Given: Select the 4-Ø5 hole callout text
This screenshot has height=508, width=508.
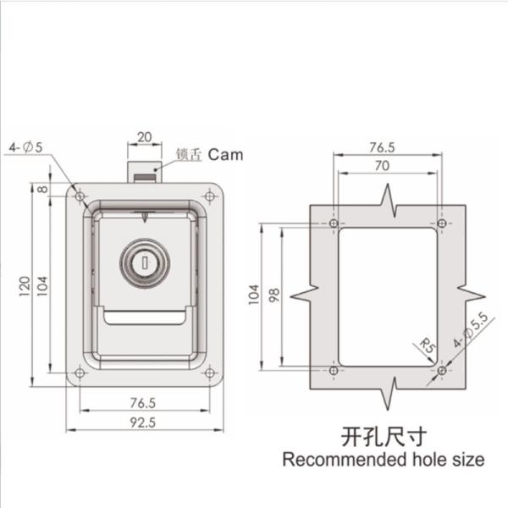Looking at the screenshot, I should coord(26,148).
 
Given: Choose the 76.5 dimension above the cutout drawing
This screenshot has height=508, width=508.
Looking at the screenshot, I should coord(387,147).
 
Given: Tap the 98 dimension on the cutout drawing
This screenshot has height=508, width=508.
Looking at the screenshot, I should coord(273,295).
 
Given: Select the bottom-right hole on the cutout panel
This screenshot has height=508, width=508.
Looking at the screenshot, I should coord(441,372).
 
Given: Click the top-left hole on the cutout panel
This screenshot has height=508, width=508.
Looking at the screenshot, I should coord(334,224).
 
